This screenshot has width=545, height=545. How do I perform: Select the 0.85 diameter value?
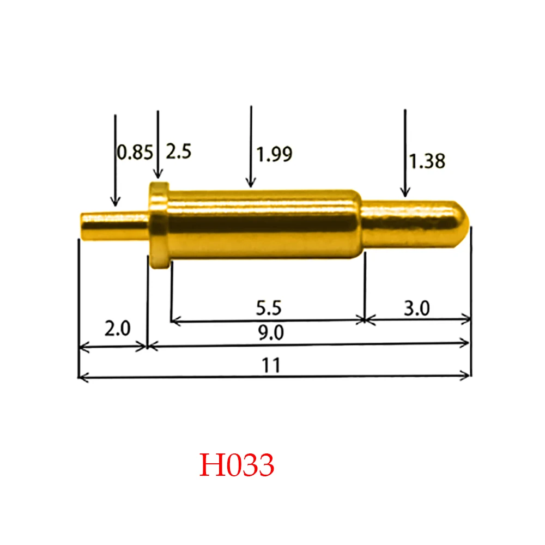coord(135,152)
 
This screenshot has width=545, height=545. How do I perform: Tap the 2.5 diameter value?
coord(178,152)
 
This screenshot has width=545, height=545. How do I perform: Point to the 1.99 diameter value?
coord(275,155)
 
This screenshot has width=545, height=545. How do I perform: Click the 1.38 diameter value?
coord(427,161)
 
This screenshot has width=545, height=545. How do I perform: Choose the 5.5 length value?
coord(268,308)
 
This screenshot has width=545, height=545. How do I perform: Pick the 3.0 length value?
coord(417,308)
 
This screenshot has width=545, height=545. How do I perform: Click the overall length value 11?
coord(270,365)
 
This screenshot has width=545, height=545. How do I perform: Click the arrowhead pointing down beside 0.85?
coord(115,202)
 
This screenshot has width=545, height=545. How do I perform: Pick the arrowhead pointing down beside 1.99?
coord(251,183)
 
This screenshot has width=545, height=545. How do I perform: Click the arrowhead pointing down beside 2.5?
coord(158,175)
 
